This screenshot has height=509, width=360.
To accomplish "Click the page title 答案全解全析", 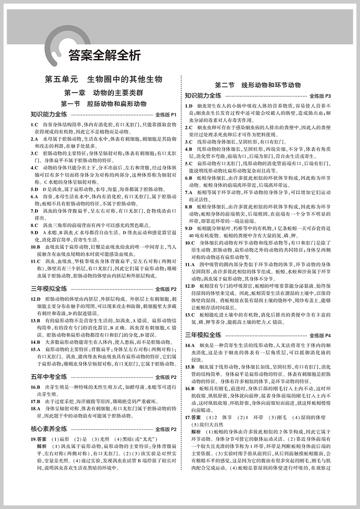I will pyautogui.click(x=104, y=55).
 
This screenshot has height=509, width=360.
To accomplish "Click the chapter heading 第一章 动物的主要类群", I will pyautogui.click(x=103, y=93).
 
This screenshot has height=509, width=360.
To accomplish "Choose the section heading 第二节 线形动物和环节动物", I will pyautogui.click(x=258, y=85).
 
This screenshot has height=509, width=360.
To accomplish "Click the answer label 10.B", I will pyautogui.click(x=36, y=247).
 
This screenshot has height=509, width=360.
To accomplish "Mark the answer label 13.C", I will pyautogui.click(x=190, y=315).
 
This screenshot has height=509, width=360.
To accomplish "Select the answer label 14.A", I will pyautogui.click(x=190, y=345).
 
